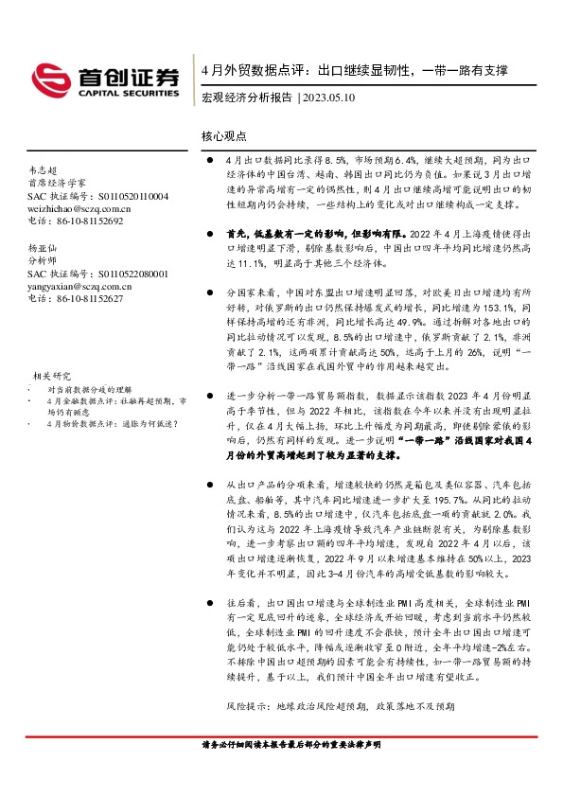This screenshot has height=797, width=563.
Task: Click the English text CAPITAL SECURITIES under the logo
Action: point(134,94)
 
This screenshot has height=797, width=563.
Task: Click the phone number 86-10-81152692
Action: point(89,221)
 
